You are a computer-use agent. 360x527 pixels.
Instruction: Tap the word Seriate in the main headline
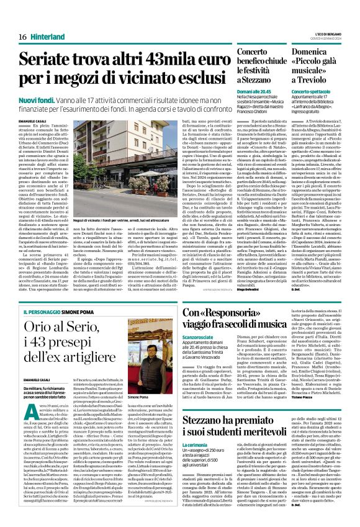click(47, 61)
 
